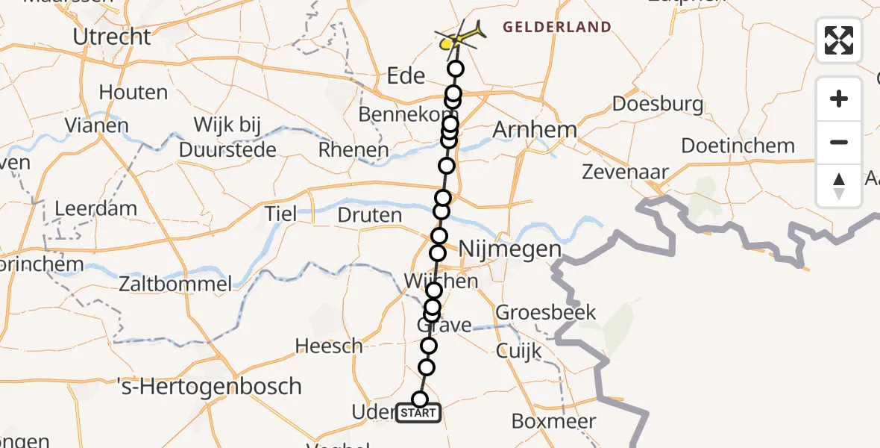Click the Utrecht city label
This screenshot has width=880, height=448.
tap(112, 36)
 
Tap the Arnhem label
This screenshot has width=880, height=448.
tap(535, 129)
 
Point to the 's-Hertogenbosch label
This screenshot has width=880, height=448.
tap(210, 387)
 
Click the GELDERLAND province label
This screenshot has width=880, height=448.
tap(557, 28)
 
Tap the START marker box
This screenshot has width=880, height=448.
tap(418, 413)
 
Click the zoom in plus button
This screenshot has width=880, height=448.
tap(839, 99)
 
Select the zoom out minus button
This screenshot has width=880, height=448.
tap(839, 142)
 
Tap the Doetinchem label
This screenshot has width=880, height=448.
tap(727, 146)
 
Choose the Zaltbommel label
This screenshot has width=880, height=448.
tap(175, 284)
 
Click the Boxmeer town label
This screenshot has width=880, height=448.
tap(553, 421)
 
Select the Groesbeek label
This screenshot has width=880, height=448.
tap(546, 311)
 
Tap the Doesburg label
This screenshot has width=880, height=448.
tap(656, 103)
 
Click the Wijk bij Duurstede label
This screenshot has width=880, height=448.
tap(227, 137)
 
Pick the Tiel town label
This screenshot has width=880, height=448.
tap(280, 215)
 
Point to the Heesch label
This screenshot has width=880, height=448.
tap(329, 346)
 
